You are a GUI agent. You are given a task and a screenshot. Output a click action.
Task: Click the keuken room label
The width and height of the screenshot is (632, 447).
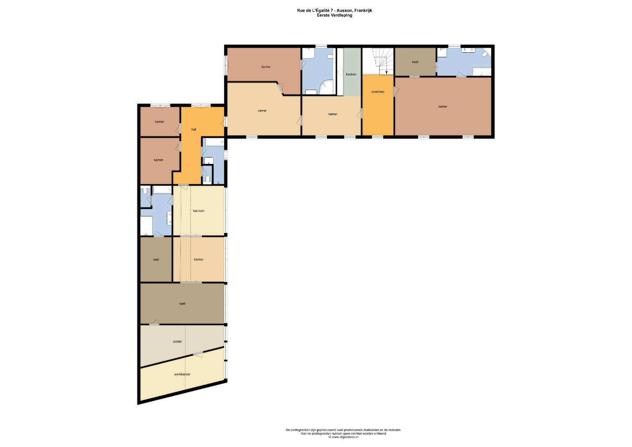point(351,75)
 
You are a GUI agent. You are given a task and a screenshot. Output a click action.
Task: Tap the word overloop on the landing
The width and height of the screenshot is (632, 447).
point(378,92)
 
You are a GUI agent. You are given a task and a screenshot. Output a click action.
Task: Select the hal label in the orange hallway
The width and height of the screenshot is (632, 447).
point(193,129)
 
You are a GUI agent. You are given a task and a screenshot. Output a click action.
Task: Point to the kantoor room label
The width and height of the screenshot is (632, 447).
point(198,211)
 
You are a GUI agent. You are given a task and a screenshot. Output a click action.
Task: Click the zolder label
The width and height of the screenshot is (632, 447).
point(177,342)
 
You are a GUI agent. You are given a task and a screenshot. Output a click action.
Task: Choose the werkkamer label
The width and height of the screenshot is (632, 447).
point(182,374)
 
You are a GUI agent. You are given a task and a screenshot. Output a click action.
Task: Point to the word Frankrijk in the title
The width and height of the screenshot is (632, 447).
point(364,11)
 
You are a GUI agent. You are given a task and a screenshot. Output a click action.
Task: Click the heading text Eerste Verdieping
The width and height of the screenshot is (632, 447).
point(335,15)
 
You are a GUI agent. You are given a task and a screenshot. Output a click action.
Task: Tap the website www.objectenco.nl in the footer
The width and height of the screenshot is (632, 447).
point(344,437)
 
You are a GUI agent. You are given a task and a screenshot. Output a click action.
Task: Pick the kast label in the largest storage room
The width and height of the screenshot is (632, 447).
point(182,304)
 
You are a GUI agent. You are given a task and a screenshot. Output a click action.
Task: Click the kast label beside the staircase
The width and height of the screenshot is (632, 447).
point(415,62)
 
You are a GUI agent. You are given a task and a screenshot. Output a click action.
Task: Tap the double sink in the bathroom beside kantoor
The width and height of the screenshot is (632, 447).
point(170,217)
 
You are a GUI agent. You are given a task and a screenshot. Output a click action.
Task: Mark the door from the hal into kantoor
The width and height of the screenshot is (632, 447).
point(183,186)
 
